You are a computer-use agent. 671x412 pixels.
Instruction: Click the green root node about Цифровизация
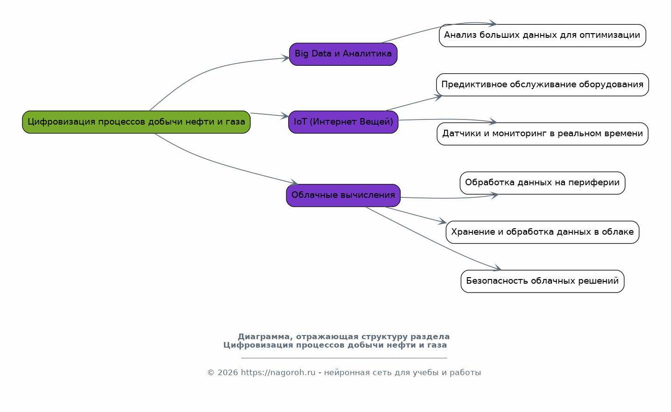coord(136,122)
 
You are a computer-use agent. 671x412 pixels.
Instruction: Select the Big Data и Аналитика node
coord(343,54)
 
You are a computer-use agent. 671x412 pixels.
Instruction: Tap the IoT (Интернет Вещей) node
coord(343,122)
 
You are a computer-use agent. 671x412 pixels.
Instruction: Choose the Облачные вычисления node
coord(343,196)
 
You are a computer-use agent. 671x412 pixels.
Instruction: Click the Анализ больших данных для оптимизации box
coord(542,35)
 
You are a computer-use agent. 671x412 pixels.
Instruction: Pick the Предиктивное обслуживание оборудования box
coord(542,85)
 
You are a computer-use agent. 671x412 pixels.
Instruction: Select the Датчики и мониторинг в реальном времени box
coord(542,134)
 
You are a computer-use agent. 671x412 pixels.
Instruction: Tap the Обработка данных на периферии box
coord(542,183)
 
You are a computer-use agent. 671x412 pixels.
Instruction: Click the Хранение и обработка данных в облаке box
coord(542,232)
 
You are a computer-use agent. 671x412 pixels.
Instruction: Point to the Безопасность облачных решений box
coord(542,281)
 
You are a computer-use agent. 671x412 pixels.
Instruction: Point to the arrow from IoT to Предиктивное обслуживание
coord(413,103)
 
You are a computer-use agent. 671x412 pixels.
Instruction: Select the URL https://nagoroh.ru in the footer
coord(278,373)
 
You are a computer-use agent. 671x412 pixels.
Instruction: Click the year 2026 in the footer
coord(228,373)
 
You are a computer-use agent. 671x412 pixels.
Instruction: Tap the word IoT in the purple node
coord(300,122)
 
